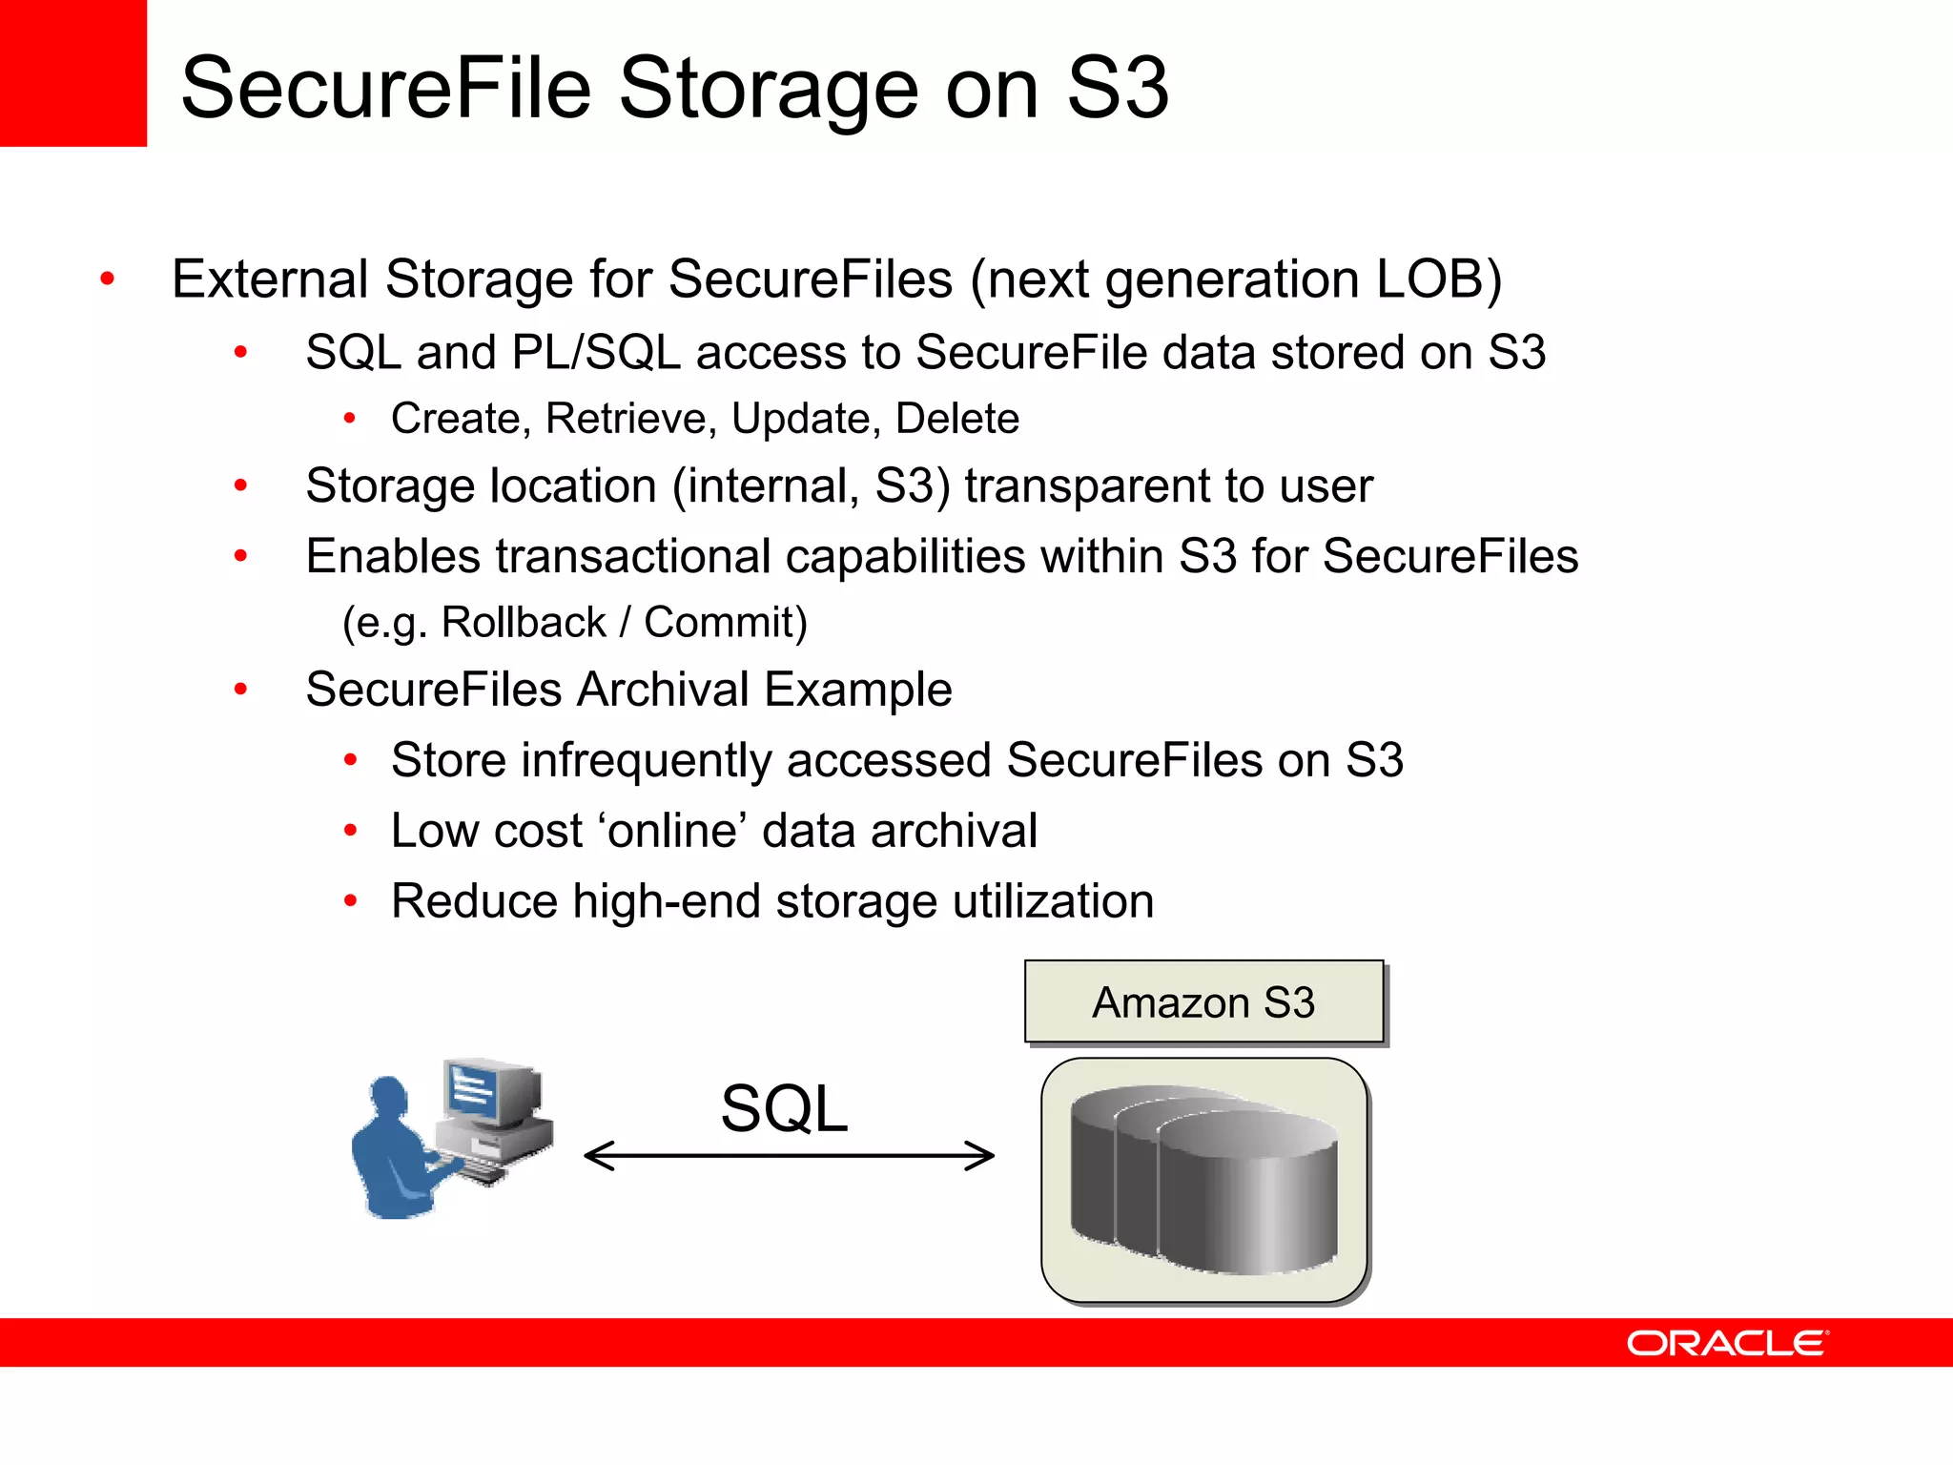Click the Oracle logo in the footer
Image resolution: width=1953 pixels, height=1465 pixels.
[x=1727, y=1343]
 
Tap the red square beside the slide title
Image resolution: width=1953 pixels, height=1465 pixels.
[x=72, y=72]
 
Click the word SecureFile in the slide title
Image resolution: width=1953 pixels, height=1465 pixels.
[x=386, y=88]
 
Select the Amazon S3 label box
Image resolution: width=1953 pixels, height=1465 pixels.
[x=1203, y=1002]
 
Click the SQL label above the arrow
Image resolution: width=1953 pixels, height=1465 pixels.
[x=784, y=1109]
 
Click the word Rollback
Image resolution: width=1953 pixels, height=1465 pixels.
[x=524, y=623]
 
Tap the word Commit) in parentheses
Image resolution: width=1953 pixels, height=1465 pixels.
[x=726, y=623]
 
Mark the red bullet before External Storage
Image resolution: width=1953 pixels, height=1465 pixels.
[x=108, y=279]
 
